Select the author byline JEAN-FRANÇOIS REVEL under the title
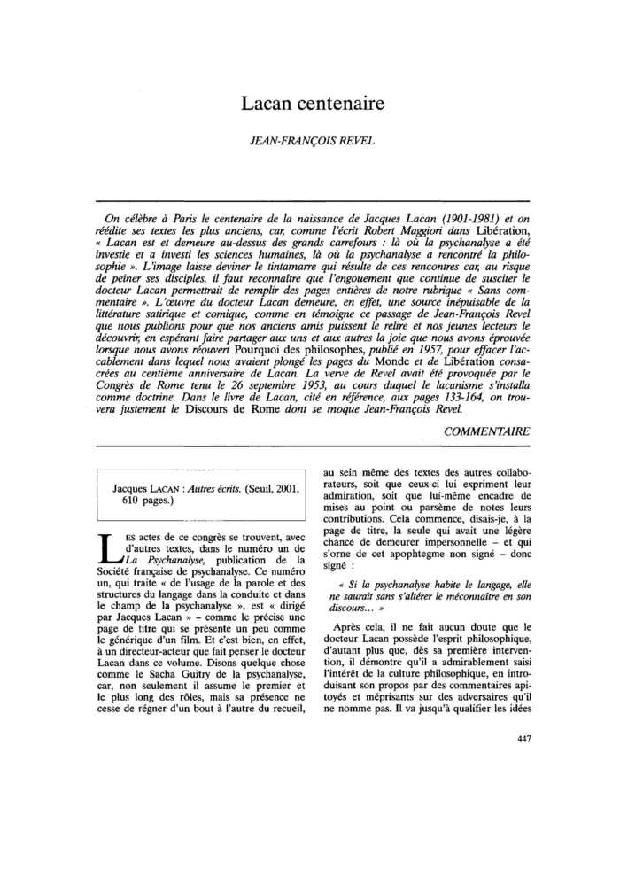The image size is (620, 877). click(310, 139)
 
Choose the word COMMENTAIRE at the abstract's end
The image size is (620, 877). click(486, 431)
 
